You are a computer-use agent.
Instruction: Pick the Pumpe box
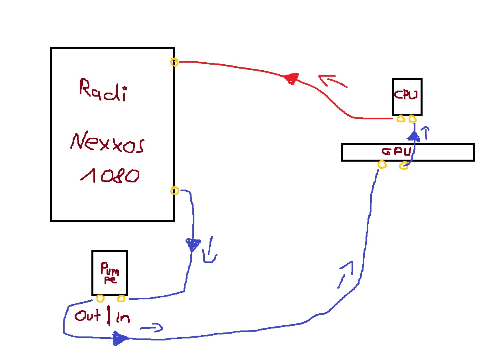point(110,272)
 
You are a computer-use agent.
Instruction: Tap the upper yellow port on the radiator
point(174,62)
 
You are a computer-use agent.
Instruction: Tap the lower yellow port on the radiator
point(174,191)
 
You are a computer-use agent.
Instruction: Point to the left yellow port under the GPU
point(382,164)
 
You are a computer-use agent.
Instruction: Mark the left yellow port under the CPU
point(401,119)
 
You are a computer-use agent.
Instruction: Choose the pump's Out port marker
point(100,298)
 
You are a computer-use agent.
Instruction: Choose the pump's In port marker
point(121,298)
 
